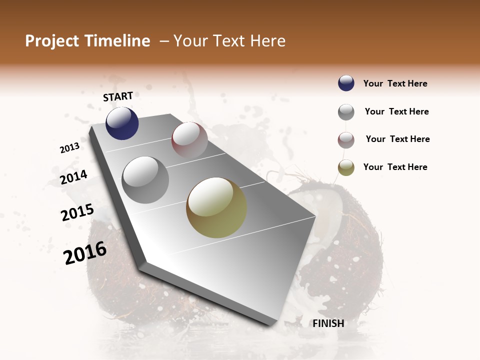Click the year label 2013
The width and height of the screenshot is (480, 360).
point(70,148)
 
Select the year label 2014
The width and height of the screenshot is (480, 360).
point(74,177)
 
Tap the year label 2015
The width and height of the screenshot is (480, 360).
point(77,212)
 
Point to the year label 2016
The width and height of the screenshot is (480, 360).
point(85,253)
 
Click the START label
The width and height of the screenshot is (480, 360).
point(118,96)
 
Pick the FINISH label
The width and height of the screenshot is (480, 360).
point(328,323)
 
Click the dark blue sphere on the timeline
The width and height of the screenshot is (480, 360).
point(122,123)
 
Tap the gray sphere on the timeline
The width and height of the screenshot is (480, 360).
point(145,180)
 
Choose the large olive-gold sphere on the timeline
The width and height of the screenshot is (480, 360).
point(216,207)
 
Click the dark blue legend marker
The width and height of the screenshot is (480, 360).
point(346,83)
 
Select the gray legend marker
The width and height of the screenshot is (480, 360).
point(346,112)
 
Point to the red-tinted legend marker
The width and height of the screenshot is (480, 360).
point(346,140)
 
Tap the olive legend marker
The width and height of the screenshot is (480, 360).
point(346,168)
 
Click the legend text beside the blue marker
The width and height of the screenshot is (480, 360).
point(395,83)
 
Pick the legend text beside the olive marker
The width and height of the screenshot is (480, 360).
point(395,167)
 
